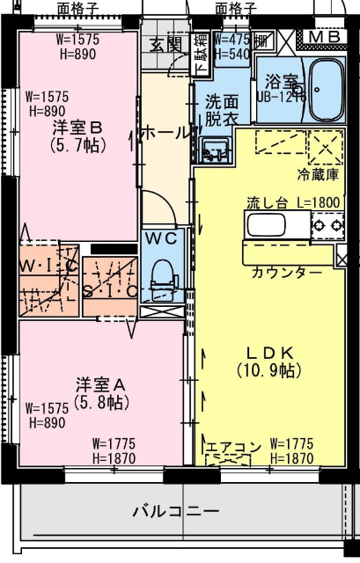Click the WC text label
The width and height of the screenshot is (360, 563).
(x=162, y=238)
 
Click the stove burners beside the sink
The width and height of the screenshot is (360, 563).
(x=326, y=226)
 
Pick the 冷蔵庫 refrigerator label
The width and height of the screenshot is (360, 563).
(x=317, y=173)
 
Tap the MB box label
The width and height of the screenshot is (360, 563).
(x=326, y=37)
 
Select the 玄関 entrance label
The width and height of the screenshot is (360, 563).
(x=165, y=44)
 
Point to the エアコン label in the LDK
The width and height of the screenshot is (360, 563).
(x=233, y=448)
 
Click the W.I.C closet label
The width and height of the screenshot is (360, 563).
(x=48, y=264)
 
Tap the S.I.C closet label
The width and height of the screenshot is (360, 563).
(x=110, y=289)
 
